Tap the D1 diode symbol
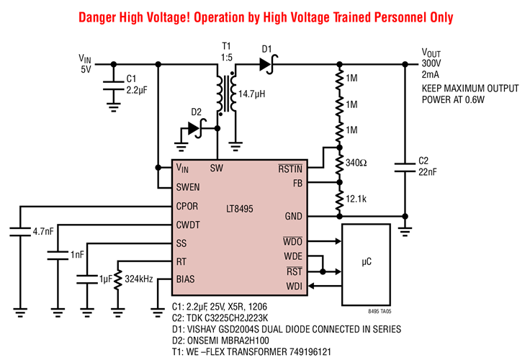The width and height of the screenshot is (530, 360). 266,65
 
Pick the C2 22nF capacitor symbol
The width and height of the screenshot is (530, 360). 405,167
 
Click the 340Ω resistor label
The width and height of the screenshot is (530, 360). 356,163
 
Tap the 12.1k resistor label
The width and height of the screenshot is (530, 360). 357,199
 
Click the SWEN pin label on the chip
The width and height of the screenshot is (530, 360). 188,187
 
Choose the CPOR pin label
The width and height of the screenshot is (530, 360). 188,206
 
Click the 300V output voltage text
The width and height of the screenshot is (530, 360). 432,63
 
